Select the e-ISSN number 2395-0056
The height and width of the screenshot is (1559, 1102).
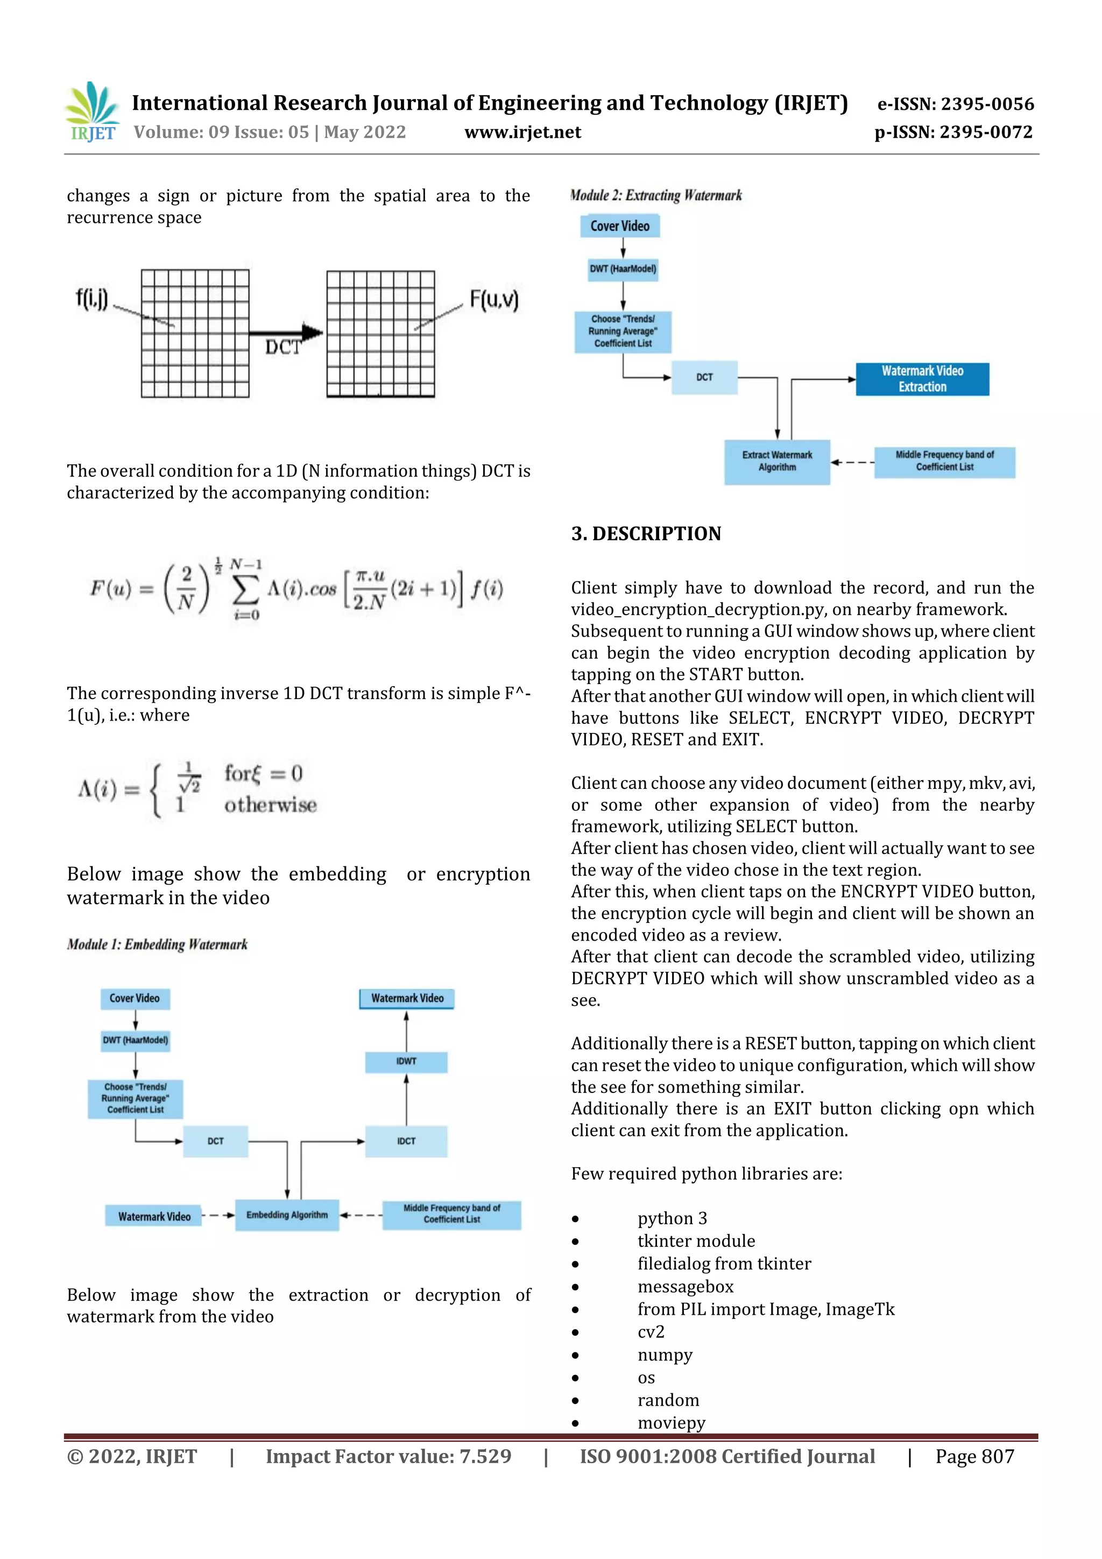pyautogui.click(x=955, y=104)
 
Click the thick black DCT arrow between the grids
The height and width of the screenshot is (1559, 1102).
pyautogui.click(x=286, y=333)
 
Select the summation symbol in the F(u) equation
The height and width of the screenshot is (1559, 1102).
pyautogui.click(x=245, y=589)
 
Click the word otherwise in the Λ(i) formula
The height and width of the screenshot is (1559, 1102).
pyautogui.click(x=270, y=805)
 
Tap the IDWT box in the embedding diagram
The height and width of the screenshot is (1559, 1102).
pyautogui.click(x=406, y=1061)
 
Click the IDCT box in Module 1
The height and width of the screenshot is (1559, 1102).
pyautogui.click(x=406, y=1141)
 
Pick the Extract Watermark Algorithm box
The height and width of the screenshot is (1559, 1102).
pyautogui.click(x=777, y=462)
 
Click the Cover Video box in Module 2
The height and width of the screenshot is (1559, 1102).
pyautogui.click(x=619, y=226)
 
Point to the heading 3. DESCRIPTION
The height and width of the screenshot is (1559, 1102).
pyautogui.click(x=646, y=534)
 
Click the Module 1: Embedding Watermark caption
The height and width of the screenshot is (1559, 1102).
pyautogui.click(x=157, y=944)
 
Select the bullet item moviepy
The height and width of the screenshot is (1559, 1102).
pyautogui.click(x=671, y=1422)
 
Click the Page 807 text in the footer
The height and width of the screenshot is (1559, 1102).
pyautogui.click(x=974, y=1456)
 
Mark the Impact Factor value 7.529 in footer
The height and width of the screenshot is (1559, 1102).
pyautogui.click(x=388, y=1456)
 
